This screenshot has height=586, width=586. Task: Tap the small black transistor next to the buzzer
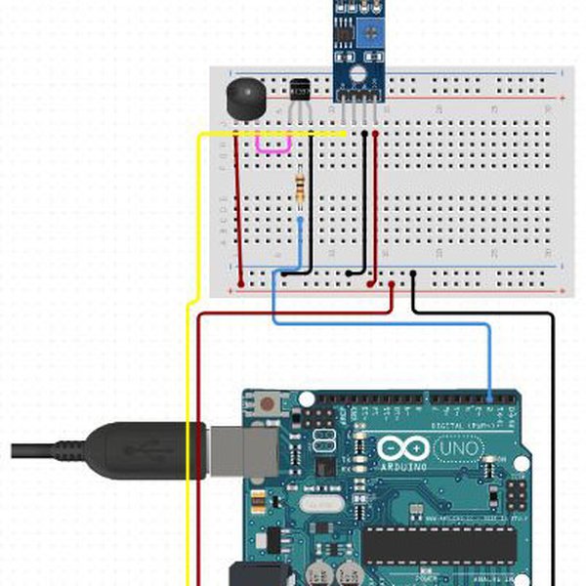(299, 89)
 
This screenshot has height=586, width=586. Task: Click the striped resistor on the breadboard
(298, 186)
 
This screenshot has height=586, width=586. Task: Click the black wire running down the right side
(553, 439)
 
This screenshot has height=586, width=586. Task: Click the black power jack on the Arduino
(256, 574)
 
